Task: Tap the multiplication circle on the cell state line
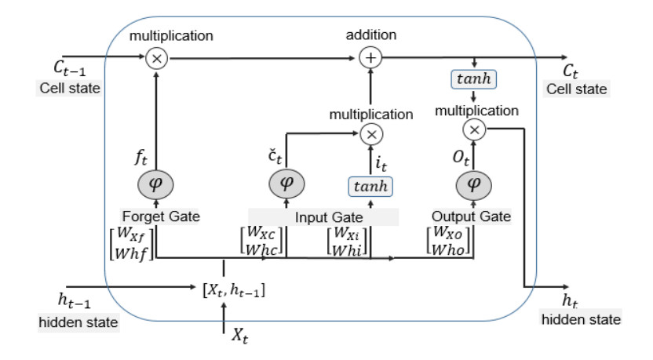tap(155, 57)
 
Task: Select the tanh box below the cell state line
tap(473, 80)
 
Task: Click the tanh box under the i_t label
tap(371, 186)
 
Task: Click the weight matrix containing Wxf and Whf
tap(136, 242)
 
